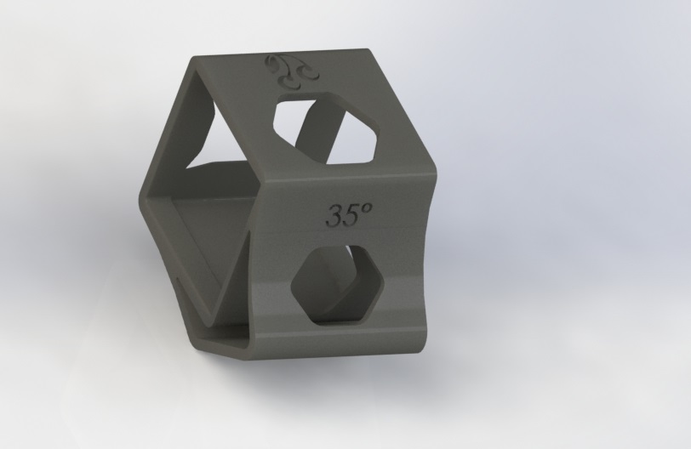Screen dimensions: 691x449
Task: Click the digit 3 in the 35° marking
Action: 334,216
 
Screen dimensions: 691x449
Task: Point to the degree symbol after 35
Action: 366,207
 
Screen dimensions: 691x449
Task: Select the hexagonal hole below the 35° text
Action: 338,286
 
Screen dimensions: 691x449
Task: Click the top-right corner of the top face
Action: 366,49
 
